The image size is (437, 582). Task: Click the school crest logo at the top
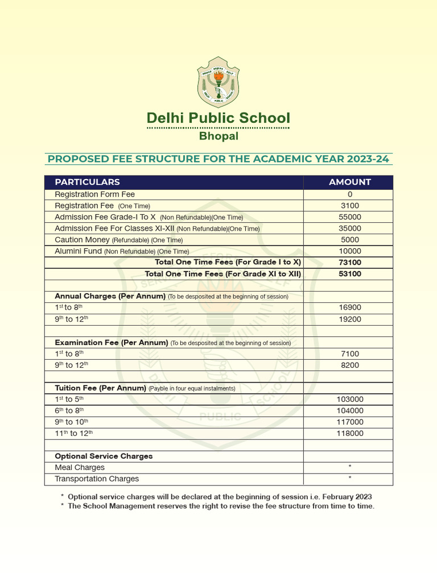tap(218, 82)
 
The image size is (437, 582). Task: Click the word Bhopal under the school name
tap(218, 136)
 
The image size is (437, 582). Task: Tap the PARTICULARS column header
tap(87, 182)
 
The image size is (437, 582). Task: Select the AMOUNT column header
tap(349, 182)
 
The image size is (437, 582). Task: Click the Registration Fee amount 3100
tap(349, 206)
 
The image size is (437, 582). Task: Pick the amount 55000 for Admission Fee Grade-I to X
tap(349, 217)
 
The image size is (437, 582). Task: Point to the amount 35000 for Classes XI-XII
tap(349, 228)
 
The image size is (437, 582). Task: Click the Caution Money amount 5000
tap(349, 240)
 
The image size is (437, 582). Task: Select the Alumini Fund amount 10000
tap(349, 251)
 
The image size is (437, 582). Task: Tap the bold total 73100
tap(349, 263)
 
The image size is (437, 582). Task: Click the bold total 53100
tap(349, 274)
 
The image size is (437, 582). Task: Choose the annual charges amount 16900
tap(349, 308)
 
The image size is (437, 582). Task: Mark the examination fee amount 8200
tap(349, 365)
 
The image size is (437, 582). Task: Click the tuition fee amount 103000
tap(349, 400)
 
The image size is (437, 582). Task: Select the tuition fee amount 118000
tap(349, 434)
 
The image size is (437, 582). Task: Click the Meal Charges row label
tap(80, 467)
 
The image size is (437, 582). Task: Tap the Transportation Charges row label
tap(97, 479)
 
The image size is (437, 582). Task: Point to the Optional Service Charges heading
tap(104, 456)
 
